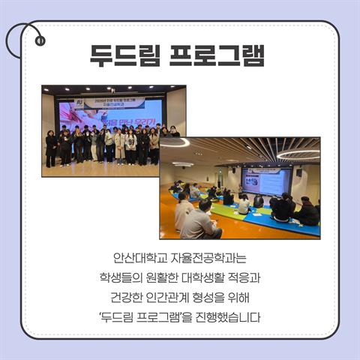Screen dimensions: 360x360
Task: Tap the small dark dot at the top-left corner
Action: (40, 40)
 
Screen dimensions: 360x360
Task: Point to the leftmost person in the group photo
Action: (50, 147)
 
